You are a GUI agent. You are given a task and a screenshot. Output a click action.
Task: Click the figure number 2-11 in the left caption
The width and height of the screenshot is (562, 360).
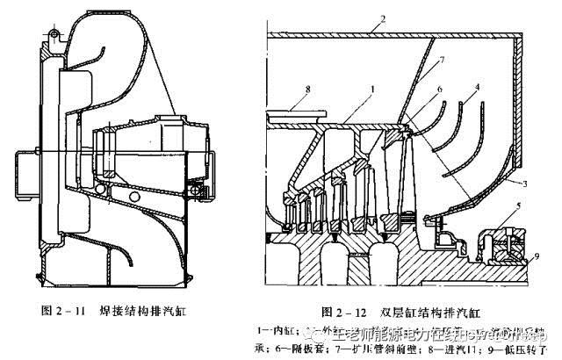(x=85, y=310)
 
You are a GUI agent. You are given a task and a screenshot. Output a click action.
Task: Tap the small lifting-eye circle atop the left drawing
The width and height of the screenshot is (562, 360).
(x=52, y=34)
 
